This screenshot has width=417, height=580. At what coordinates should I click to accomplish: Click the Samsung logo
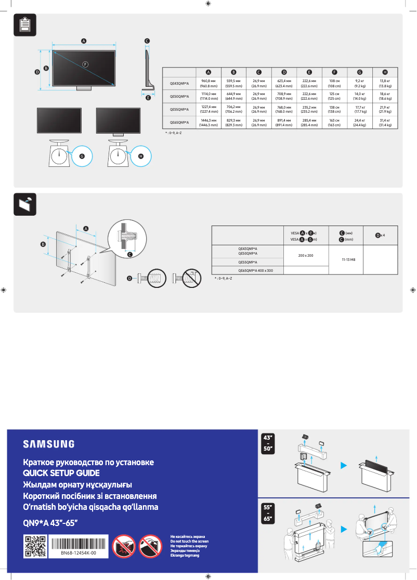(x=48, y=444)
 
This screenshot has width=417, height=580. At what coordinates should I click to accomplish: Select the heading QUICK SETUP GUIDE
(x=61, y=473)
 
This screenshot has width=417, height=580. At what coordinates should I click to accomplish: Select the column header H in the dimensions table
(x=385, y=72)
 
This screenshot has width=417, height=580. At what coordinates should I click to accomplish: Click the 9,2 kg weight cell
(x=359, y=83)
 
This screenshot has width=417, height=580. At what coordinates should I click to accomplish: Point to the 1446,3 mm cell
(x=208, y=123)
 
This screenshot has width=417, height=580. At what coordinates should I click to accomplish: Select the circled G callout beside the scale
(x=81, y=156)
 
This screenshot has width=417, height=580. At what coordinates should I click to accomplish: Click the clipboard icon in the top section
(x=23, y=25)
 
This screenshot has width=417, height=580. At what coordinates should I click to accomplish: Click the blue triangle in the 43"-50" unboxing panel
(x=344, y=465)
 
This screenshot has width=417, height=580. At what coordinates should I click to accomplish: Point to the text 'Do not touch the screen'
(x=189, y=542)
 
